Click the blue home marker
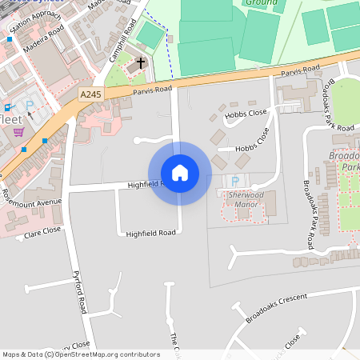coord(179,172)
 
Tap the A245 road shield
coord(90,94)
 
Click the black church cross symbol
coord(142,62)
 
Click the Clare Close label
coord(42,233)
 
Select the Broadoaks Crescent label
coord(277,307)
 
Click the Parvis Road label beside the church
coord(152,90)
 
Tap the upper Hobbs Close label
coord(246,114)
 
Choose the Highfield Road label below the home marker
coord(150,233)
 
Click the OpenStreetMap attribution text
coord(80,354)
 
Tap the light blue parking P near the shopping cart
coord(30,105)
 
